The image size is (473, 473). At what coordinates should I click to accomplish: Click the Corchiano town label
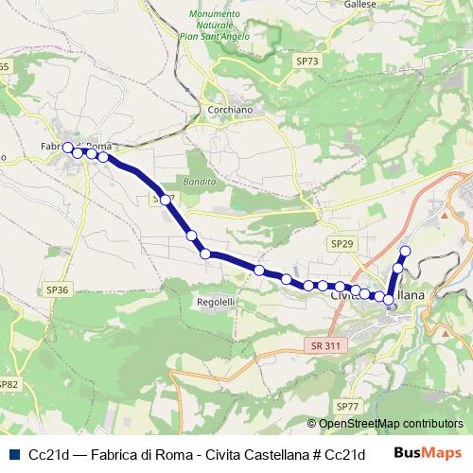(227, 110)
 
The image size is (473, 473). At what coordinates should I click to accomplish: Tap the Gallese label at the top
(361, 5)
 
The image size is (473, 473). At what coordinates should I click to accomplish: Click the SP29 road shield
(342, 243)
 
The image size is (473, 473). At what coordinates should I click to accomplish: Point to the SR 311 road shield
(324, 347)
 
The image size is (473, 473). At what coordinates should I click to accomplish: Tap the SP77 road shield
(348, 406)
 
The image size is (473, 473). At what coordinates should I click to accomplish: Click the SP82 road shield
(8, 384)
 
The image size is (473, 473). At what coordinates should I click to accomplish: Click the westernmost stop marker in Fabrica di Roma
(67, 147)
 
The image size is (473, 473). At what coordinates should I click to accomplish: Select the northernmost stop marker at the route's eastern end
(406, 251)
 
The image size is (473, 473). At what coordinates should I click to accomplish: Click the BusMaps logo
(429, 453)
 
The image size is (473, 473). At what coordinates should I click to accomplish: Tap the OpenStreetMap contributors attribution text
(391, 424)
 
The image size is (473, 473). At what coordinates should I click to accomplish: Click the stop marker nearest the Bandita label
(166, 200)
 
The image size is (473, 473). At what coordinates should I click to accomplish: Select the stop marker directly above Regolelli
(205, 253)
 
